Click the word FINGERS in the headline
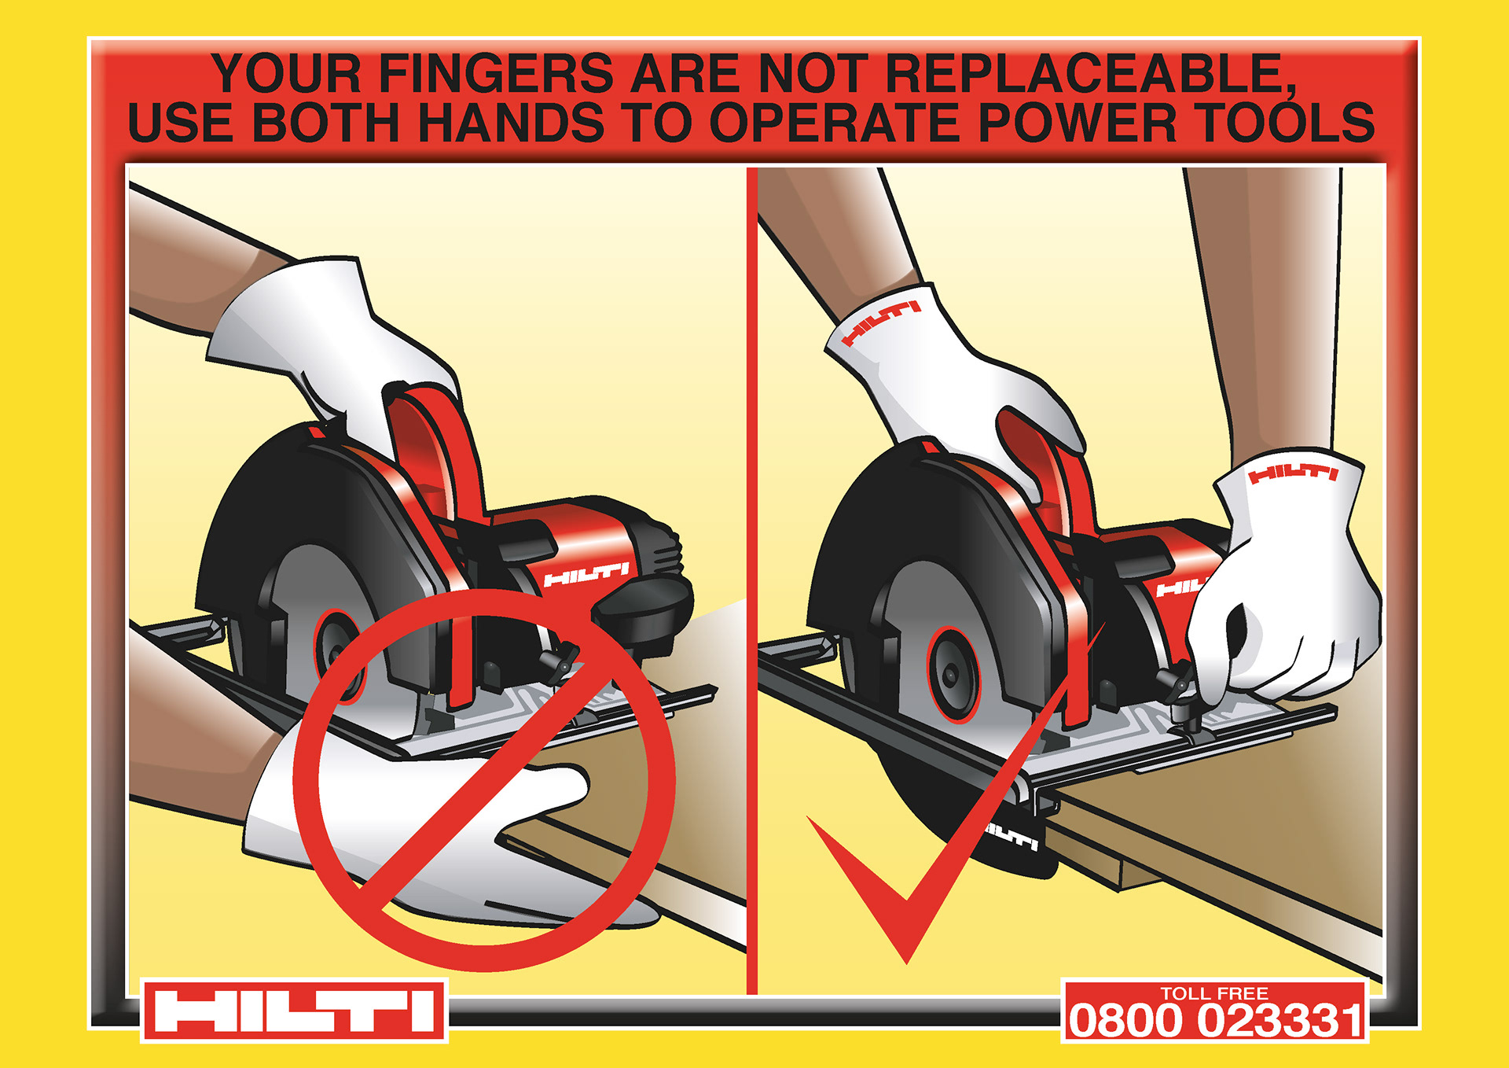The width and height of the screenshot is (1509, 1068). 496,73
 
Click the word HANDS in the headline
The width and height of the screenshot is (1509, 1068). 511,123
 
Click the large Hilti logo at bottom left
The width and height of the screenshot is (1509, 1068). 294,1011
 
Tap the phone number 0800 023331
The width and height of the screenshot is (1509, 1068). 1215,1021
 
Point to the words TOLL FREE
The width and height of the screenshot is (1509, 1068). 1214,993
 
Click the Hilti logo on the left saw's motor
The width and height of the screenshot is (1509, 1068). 586,574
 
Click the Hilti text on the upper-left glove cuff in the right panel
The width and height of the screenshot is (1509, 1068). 880,323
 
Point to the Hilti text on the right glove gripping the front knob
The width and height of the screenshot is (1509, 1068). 1293,473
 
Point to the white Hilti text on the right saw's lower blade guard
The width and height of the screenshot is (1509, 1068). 1012,837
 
